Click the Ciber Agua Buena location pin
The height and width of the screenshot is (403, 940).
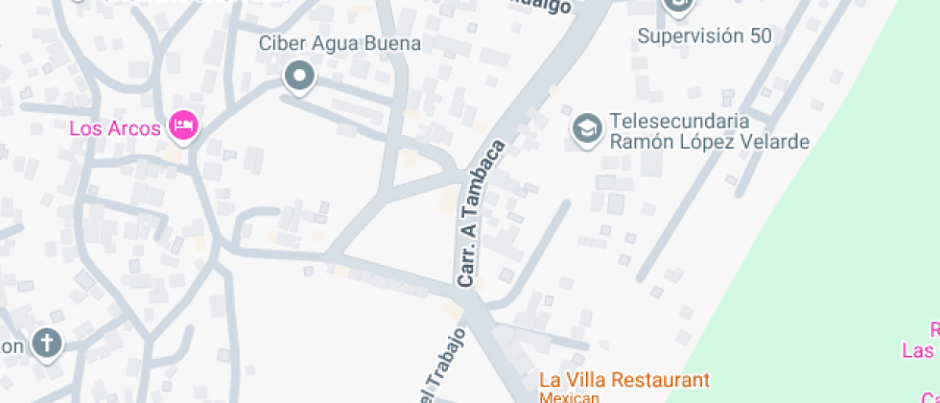pyautogui.click(x=300, y=77)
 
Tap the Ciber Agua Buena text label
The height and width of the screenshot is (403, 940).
pyautogui.click(x=340, y=44)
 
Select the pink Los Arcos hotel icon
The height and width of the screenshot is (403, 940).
pyautogui.click(x=182, y=125)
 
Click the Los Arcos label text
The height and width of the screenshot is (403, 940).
pyautogui.click(x=114, y=129)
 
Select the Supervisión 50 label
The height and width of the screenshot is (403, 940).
pyautogui.click(x=705, y=36)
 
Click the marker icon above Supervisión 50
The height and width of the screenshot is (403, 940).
pyautogui.click(x=677, y=6)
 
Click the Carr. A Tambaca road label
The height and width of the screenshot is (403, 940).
pyautogui.click(x=481, y=215)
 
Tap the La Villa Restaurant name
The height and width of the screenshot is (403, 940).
pyautogui.click(x=623, y=380)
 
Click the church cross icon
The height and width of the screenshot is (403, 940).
pyautogui.click(x=45, y=343)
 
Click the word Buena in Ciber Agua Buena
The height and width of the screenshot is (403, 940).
pyautogui.click(x=397, y=44)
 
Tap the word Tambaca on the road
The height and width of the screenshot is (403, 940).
pyautogui.click(x=487, y=187)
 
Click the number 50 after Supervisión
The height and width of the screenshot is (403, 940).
pyautogui.click(x=762, y=36)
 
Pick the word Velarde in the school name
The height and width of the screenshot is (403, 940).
pyautogui.click(x=777, y=142)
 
